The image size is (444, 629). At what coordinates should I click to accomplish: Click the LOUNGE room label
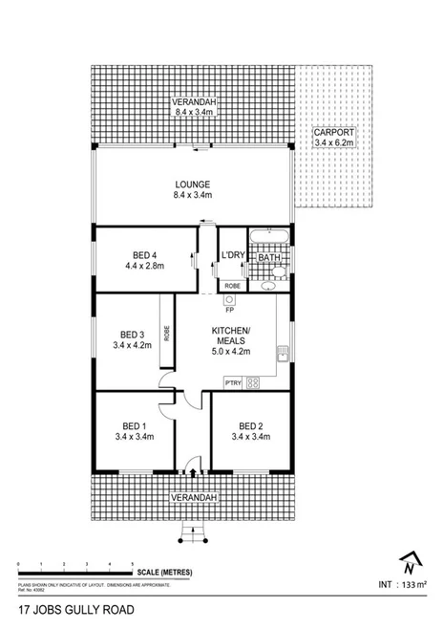(192, 184)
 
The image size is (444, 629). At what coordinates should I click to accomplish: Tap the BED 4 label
(144, 254)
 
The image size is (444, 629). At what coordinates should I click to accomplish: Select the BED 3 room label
(132, 334)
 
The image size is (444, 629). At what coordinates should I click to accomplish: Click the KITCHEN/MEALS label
(230, 336)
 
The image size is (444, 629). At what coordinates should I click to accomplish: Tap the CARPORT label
(333, 131)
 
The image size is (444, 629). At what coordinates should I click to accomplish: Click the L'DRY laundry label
(233, 255)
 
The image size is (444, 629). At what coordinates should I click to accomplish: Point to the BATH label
(268, 257)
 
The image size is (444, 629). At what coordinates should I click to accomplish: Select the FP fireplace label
(229, 310)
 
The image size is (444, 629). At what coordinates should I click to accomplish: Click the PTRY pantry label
(232, 383)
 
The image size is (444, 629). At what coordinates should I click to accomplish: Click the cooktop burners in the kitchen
(253, 383)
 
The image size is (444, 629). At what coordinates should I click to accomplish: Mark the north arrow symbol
(409, 562)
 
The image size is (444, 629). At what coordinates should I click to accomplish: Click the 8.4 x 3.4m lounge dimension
(192, 196)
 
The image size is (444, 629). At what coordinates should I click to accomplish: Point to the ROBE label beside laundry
(231, 285)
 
